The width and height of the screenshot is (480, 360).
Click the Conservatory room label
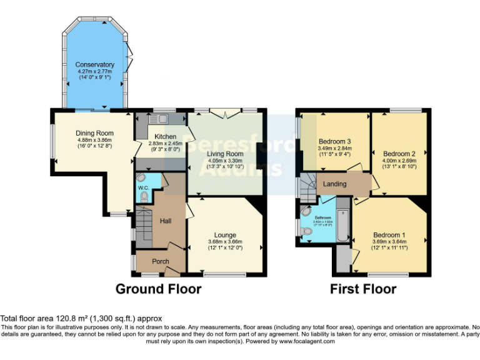click(95, 64)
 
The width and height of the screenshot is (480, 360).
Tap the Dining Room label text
click(94, 133)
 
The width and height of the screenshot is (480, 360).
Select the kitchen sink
click(164, 119)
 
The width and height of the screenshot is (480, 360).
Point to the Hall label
click(165, 221)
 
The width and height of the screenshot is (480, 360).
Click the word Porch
click(161, 261)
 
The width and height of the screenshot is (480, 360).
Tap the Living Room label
click(226, 154)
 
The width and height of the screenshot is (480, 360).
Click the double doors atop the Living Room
click(226, 112)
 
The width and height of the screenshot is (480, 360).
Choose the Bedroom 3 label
click(334, 142)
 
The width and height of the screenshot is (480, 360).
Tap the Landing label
click(335, 184)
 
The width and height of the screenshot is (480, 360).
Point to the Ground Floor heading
click(158, 289)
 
